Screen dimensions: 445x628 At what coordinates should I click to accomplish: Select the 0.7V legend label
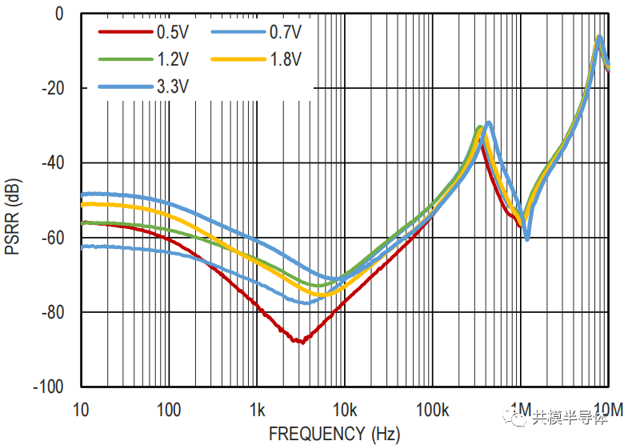point(284,32)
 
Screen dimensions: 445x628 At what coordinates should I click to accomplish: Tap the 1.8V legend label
point(284,58)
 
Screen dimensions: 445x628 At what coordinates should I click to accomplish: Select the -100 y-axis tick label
point(50,387)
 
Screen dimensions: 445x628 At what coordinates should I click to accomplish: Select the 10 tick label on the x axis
point(80,410)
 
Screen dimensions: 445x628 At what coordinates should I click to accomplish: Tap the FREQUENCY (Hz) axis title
point(334,434)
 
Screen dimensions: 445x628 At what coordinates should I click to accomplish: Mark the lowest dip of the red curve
point(299,341)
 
